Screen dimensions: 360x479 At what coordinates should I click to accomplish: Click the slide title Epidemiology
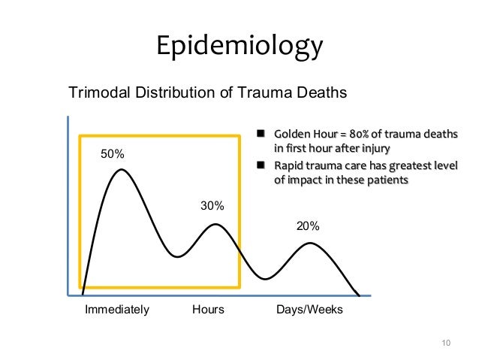(x=239, y=47)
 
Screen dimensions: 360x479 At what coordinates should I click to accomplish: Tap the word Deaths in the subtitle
(x=324, y=94)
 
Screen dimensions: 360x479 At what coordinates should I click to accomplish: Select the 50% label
(x=113, y=154)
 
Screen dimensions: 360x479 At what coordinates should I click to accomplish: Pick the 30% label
(x=212, y=205)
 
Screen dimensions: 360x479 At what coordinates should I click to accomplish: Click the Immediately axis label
(x=116, y=309)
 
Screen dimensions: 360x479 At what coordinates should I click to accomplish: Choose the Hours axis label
(x=209, y=309)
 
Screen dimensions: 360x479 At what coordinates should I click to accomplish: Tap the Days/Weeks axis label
(x=309, y=309)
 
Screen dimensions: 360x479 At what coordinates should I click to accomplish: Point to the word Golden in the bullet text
(x=291, y=135)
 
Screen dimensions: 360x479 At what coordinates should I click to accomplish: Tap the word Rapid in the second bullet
(x=288, y=166)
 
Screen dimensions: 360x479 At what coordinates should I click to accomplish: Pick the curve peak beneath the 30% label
(x=216, y=224)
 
